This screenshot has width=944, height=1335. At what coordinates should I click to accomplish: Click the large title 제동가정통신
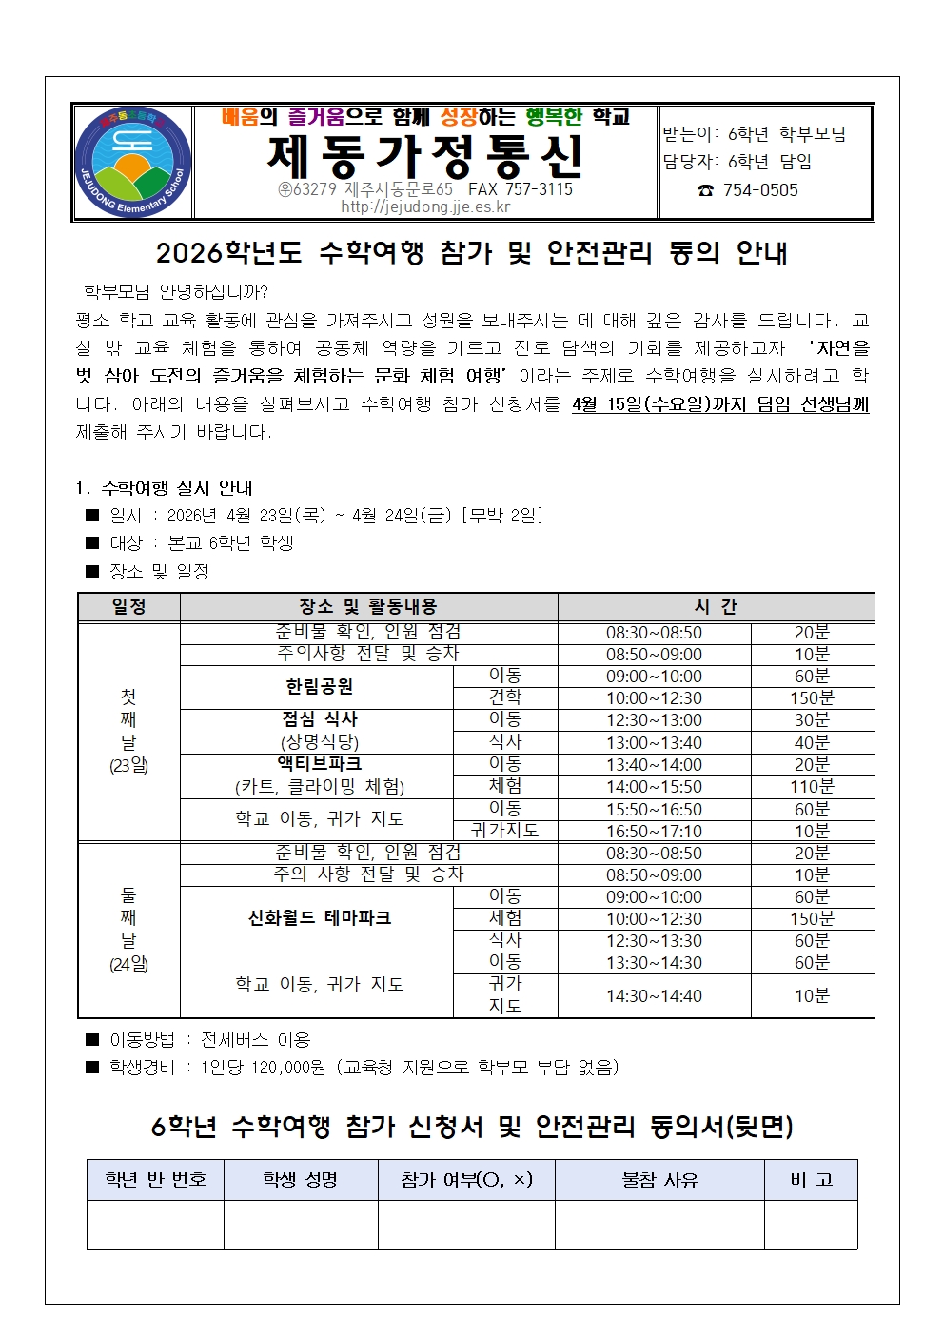[424, 156]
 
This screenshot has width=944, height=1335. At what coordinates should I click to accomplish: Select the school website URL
[425, 207]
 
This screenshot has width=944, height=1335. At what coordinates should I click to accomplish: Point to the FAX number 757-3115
[521, 189]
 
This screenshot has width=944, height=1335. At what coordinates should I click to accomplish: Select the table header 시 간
[716, 607]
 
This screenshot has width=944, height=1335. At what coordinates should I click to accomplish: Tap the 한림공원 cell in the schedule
[319, 686]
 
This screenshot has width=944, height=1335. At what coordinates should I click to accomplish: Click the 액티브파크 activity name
[319, 764]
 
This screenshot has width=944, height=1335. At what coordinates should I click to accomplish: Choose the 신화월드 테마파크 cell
[319, 918]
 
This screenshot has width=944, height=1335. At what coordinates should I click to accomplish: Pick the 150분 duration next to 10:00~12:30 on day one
[812, 698]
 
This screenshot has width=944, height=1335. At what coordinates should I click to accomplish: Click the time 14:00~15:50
[654, 787]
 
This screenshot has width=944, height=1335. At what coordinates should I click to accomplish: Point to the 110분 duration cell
[812, 787]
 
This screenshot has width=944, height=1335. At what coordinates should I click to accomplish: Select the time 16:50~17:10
[654, 831]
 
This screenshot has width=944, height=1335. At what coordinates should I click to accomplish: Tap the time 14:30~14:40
[654, 996]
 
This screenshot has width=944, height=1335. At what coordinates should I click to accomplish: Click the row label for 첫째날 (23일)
[128, 731]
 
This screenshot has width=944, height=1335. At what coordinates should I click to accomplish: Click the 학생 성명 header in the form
[301, 1180]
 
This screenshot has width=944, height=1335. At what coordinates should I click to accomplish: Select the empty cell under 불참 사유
[659, 1225]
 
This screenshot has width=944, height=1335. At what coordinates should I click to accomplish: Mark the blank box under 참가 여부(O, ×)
[466, 1225]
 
